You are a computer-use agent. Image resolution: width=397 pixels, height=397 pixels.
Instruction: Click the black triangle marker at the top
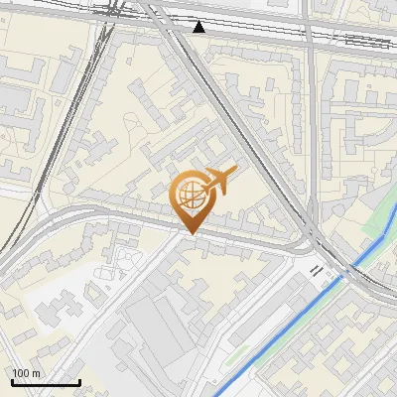[199, 27]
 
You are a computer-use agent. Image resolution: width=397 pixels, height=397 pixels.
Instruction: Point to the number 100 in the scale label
[21, 373]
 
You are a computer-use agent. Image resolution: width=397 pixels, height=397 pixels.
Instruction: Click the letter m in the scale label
[36, 373]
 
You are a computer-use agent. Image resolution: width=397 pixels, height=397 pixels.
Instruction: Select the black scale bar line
[45, 382]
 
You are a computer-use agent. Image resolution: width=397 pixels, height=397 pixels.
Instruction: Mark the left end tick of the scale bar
[11, 380]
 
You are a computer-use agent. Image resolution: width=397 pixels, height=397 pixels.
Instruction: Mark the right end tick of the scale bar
[79, 380]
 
